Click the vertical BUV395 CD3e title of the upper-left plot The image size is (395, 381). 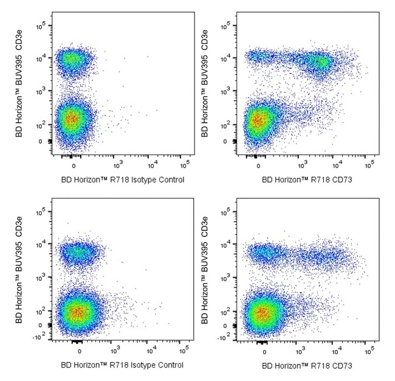click(19, 86)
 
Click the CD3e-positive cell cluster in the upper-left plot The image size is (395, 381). click(73, 59)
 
